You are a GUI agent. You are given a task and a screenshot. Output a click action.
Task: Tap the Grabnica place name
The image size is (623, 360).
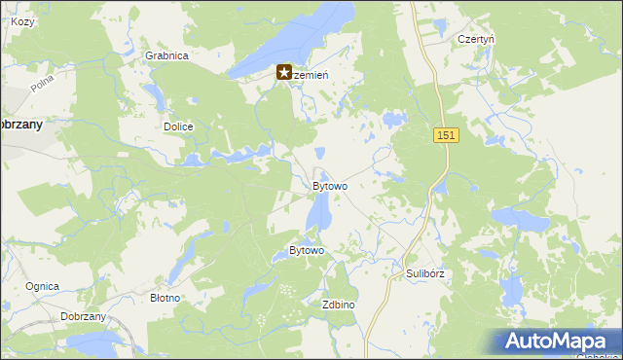point(166,55)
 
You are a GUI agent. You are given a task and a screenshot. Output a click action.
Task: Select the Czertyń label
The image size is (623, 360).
point(477,39)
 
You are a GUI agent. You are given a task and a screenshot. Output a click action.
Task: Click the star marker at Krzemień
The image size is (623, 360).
point(284,72)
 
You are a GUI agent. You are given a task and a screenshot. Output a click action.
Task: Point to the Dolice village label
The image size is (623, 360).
point(178,126)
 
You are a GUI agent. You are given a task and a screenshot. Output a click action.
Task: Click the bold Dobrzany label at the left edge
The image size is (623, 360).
point(19,125)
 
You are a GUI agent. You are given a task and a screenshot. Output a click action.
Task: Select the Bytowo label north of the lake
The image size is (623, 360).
point(329,186)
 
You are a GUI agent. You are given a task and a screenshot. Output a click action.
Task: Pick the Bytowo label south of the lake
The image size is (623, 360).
point(307,251)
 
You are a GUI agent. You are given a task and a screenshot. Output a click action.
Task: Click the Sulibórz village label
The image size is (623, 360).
point(424,274)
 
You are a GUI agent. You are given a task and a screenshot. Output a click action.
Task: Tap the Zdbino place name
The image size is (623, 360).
point(338,305)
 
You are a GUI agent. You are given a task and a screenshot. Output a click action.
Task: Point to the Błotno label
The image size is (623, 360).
point(165,298)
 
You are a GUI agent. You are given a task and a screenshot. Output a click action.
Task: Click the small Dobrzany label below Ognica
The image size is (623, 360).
point(83,317)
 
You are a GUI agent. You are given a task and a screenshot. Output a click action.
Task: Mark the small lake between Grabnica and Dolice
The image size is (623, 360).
point(154,95)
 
